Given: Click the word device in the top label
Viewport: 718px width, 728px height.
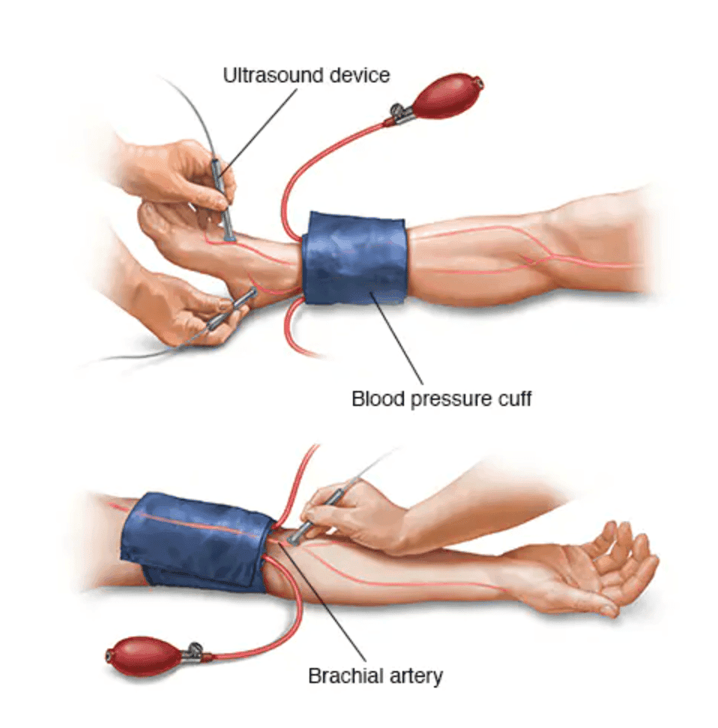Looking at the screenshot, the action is click(x=356, y=75).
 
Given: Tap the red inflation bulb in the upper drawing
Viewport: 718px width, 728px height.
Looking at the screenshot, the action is click(x=447, y=95).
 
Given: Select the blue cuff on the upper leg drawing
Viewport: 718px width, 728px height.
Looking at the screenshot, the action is click(x=355, y=257).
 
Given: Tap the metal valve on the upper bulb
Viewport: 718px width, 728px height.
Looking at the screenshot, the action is click(x=399, y=114).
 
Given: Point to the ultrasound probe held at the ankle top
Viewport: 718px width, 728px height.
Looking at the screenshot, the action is click(x=224, y=202).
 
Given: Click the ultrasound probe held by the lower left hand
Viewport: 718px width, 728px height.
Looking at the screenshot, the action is click(x=228, y=310).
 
